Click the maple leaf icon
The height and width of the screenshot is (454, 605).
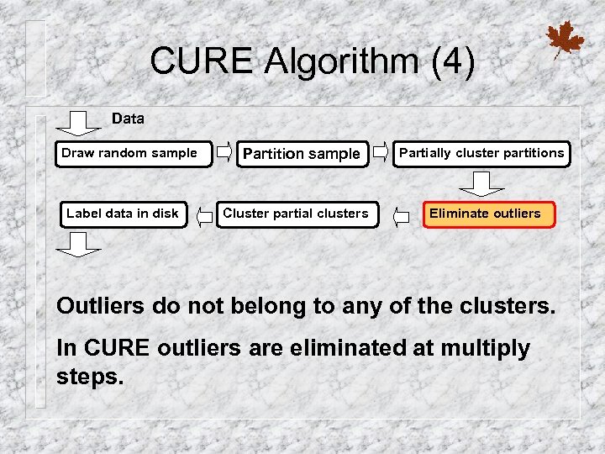pyautogui.click(x=565, y=40)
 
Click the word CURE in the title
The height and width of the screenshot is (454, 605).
pyautogui.click(x=202, y=61)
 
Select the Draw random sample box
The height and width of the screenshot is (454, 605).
pyautogui.click(x=133, y=153)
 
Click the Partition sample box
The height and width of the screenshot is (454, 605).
pyautogui.click(x=301, y=154)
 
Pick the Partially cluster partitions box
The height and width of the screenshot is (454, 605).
pyautogui.click(x=481, y=153)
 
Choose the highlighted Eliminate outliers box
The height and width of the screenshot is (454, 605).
pyautogui.click(x=485, y=214)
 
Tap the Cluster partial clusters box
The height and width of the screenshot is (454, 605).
pyautogui.click(x=295, y=214)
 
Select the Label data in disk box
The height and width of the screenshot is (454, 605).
pyautogui.click(x=123, y=214)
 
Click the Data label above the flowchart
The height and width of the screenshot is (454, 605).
pyautogui.click(x=128, y=119)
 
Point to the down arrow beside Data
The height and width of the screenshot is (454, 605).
pyautogui.click(x=82, y=123)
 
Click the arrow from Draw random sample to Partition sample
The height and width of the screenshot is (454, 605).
pyautogui.click(x=225, y=152)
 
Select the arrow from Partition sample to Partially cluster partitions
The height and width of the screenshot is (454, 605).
pyautogui.click(x=381, y=152)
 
